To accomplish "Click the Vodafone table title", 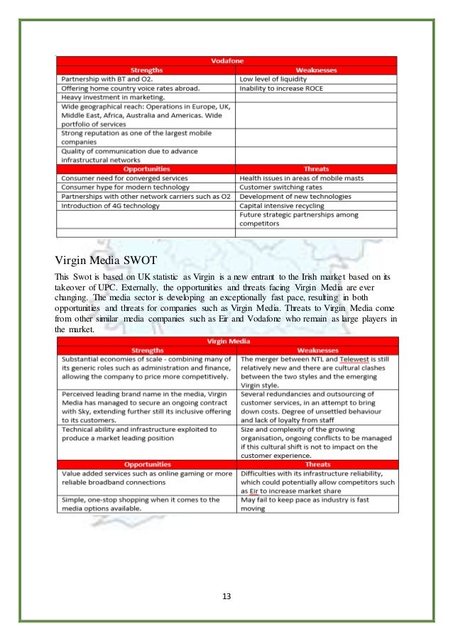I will click(x=226, y=62).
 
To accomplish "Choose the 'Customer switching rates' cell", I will click(x=280, y=187).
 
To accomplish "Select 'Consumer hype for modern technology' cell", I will click(x=125, y=187).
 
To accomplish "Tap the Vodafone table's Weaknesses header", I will click(x=316, y=70).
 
